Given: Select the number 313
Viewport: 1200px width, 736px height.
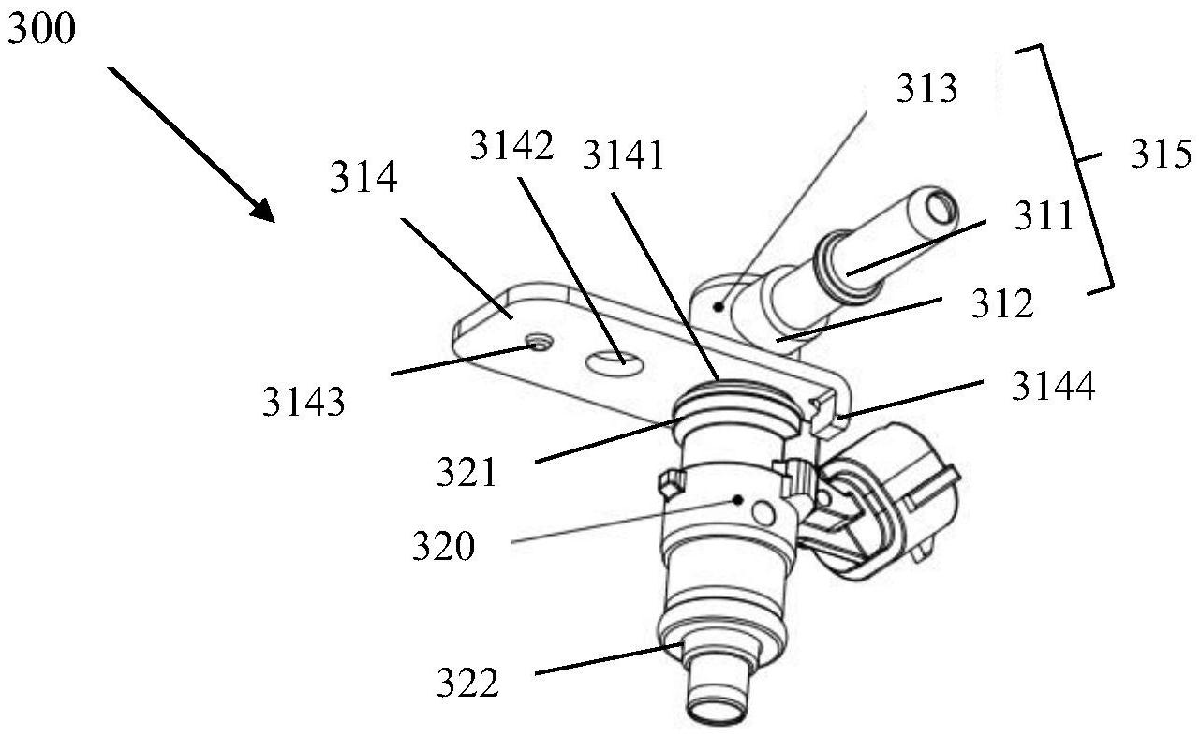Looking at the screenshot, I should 926,89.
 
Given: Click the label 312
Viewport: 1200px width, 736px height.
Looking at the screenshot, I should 1001,303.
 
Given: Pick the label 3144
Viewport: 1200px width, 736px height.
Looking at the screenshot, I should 1052,385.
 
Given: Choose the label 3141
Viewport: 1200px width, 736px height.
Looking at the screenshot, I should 623,155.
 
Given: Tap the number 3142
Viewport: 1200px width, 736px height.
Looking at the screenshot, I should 512,146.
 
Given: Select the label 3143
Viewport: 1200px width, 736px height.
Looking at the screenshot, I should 303,402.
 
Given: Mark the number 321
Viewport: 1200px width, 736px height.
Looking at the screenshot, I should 467,472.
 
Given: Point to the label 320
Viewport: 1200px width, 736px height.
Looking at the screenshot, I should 443,545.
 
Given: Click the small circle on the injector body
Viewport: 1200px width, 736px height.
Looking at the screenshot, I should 764,511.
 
